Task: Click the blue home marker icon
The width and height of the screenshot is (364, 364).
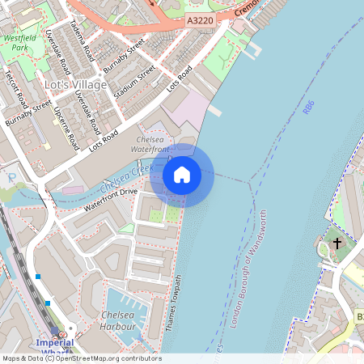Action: tap(182, 175)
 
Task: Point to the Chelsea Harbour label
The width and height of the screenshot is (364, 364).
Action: tap(117, 320)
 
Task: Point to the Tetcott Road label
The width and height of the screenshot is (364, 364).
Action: tap(16, 89)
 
